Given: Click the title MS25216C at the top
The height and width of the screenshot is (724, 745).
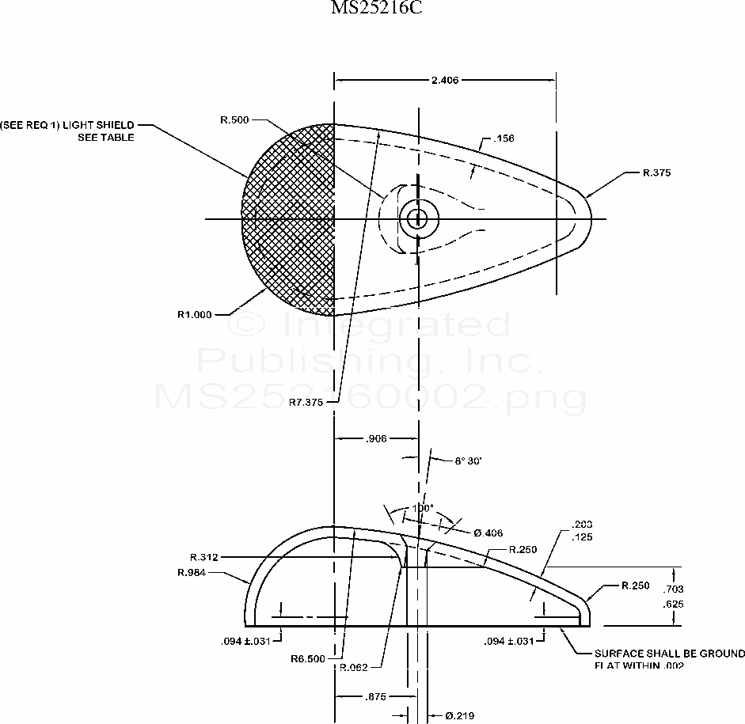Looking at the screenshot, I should (x=371, y=9).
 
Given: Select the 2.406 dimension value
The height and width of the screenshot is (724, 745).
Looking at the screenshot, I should (x=445, y=80).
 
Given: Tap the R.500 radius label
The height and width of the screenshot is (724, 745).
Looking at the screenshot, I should (x=235, y=119).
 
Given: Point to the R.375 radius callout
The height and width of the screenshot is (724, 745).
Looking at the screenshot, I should (x=656, y=172).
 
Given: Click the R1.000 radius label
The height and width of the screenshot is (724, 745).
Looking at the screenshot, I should (x=195, y=314).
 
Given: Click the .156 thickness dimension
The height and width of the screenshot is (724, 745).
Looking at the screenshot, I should (x=504, y=138).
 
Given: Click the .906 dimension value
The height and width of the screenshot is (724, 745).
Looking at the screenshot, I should (x=377, y=438).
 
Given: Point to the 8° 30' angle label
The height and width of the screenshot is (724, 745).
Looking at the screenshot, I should (x=469, y=460).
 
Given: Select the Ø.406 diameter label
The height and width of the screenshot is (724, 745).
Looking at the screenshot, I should (x=488, y=533).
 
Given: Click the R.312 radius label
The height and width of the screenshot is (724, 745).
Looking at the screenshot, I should (x=204, y=557).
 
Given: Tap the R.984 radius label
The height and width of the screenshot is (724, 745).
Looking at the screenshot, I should (x=192, y=572).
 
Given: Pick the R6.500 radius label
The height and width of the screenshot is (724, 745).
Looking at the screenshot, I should (x=308, y=658).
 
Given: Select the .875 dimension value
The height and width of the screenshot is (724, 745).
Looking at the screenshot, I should (x=377, y=696).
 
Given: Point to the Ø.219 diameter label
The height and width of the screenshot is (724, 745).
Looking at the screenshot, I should (x=459, y=715).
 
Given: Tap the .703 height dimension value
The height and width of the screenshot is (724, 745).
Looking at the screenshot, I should (x=674, y=589).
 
